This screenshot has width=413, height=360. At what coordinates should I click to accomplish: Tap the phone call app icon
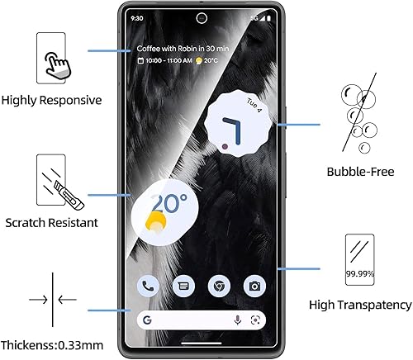click(x=149, y=287)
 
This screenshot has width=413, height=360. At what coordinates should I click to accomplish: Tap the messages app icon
click(x=184, y=287)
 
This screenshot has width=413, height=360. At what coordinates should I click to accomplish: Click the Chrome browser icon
click(x=220, y=287)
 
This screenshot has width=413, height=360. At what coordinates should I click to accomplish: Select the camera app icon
click(x=255, y=287)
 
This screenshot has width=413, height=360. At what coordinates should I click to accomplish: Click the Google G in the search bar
click(x=147, y=320)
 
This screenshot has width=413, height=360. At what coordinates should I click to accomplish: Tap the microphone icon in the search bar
click(x=238, y=320)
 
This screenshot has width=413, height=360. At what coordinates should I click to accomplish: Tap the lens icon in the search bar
click(x=256, y=320)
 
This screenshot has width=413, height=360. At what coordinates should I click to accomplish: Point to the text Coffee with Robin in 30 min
click(x=182, y=49)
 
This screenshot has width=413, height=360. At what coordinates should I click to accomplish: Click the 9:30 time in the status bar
click(x=137, y=17)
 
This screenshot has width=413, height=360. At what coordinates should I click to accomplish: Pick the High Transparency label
click(x=360, y=305)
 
